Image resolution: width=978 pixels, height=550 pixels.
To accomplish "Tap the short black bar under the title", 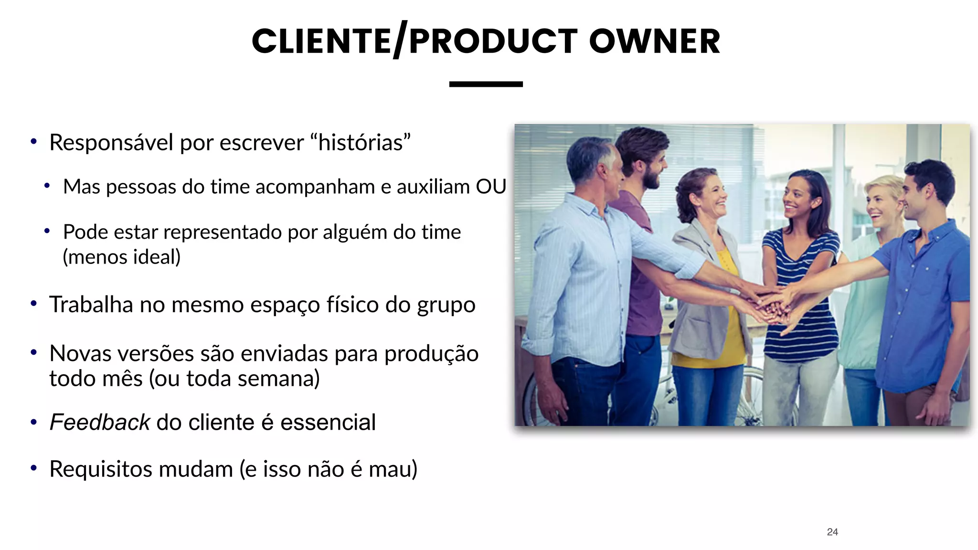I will coord(486,84).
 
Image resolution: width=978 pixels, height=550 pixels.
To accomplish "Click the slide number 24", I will coord(832,532).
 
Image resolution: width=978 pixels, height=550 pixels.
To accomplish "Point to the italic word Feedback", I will coord(100,423).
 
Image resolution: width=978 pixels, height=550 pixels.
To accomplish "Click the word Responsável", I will coord(111,143).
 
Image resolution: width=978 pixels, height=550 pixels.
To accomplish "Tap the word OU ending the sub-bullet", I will coord(490,187).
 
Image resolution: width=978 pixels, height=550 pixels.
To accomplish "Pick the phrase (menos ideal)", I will coord(122,257).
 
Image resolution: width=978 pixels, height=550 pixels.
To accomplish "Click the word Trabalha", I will coord(91,305).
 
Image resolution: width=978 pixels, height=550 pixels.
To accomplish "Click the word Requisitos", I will coord(101,469).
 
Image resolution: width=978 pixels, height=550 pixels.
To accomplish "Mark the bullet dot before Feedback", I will coord(33,422).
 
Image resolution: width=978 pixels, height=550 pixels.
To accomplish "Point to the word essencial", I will coord(328,423).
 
